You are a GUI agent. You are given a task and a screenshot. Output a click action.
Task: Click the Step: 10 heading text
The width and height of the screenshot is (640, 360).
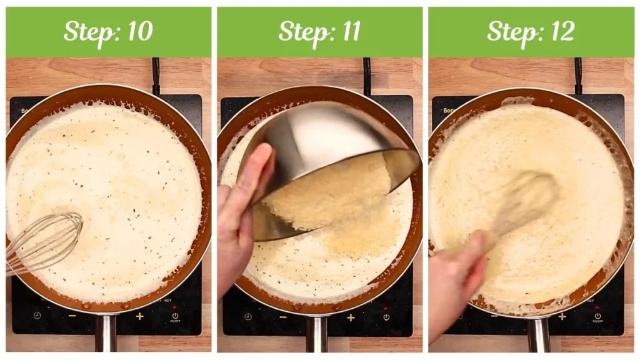coord(108,31)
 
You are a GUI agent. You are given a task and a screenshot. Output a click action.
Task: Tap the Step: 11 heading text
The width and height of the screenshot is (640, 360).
coord(319,31)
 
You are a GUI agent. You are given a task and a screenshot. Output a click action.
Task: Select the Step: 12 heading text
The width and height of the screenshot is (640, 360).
coord(531,31)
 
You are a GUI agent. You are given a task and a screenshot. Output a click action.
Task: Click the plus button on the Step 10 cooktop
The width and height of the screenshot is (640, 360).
coord(139,316)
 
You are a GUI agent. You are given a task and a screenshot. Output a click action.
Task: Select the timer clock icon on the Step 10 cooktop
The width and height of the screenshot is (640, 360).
coord(37,316)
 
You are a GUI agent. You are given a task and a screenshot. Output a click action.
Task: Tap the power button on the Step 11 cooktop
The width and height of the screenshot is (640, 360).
coord(386,317)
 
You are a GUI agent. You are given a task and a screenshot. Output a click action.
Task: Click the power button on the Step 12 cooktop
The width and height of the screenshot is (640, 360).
coord(596,317)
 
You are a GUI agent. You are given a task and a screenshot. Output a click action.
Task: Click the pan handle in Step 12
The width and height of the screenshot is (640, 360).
coord(538,336)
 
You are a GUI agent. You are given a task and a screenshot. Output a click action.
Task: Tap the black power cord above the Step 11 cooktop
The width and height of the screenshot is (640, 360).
coord(367,75)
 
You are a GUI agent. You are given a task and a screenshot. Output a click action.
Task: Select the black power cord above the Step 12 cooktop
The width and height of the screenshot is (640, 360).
coord(578,75)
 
